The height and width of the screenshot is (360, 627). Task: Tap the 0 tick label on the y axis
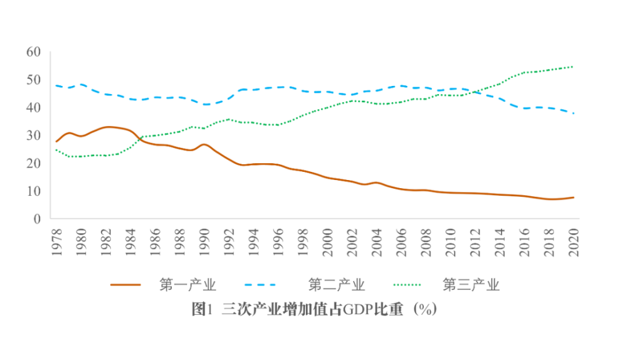point(37,219)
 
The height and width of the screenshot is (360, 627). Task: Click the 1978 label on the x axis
point(56,240)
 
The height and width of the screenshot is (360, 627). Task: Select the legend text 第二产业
point(336,285)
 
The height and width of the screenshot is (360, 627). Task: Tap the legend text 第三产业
point(471,285)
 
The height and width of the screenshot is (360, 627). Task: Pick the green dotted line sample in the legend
point(414,285)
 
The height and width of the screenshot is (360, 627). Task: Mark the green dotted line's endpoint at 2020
point(574,66)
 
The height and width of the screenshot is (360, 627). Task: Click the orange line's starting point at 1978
point(56,142)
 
